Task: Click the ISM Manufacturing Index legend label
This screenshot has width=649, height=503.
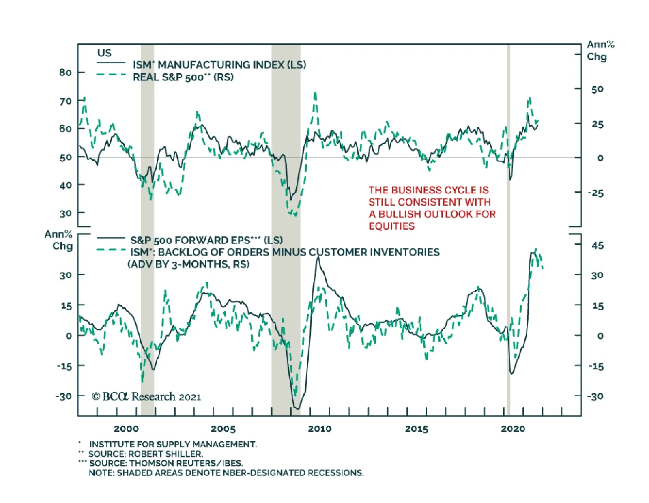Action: click(219, 65)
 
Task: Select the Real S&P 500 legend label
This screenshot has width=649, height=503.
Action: click(183, 77)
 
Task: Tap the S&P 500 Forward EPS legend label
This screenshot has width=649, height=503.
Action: click(206, 240)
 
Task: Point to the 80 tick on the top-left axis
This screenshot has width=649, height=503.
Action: click(65, 73)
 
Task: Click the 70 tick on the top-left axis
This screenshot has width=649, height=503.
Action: click(65, 101)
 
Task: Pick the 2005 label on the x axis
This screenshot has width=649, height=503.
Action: click(223, 429)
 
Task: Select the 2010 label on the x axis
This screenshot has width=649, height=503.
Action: click(320, 429)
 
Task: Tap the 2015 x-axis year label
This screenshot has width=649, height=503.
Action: click(417, 429)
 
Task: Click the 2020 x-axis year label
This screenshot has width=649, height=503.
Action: click(513, 429)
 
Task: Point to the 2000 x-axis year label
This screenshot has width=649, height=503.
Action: click(126, 429)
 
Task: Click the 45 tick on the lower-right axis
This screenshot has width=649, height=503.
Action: click(597, 246)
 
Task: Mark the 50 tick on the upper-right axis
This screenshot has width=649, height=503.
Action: click(597, 89)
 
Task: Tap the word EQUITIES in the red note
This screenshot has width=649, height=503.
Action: click(391, 226)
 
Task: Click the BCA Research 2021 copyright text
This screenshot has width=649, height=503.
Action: click(146, 397)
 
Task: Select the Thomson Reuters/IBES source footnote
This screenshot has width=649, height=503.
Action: click(165, 463)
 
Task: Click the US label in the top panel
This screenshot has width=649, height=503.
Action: click(104, 53)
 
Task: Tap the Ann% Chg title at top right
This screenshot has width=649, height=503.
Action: click(600, 50)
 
